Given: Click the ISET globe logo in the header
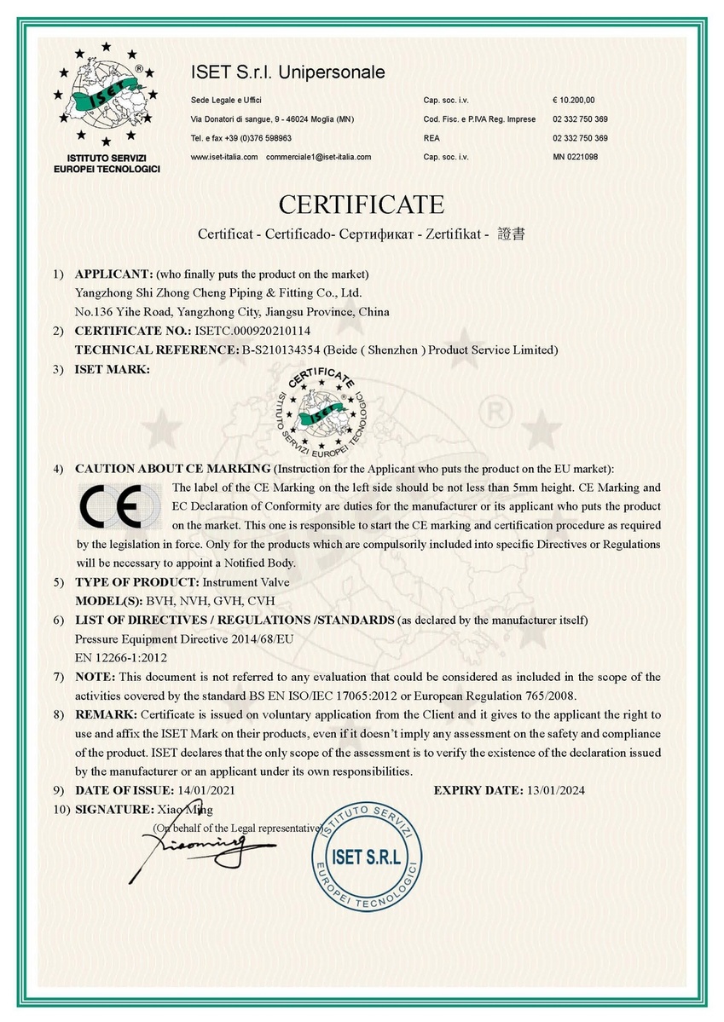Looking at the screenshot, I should click(x=106, y=95).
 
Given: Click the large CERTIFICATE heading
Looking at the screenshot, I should click(x=362, y=205).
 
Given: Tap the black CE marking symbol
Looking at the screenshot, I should click(x=118, y=506).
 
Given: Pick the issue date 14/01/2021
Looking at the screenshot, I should click(x=205, y=790).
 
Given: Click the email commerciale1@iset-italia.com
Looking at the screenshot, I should click(x=318, y=157).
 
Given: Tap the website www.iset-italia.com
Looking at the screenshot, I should click(x=224, y=157).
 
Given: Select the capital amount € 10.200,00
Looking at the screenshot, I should click(x=574, y=100).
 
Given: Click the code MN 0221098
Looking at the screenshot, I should click(x=575, y=157).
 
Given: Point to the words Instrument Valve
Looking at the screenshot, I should click(x=246, y=582).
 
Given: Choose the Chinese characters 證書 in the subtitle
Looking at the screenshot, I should click(x=510, y=233).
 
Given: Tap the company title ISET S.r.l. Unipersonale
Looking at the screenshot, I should click(x=287, y=72).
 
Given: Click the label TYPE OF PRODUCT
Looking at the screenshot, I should click(x=136, y=582).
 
